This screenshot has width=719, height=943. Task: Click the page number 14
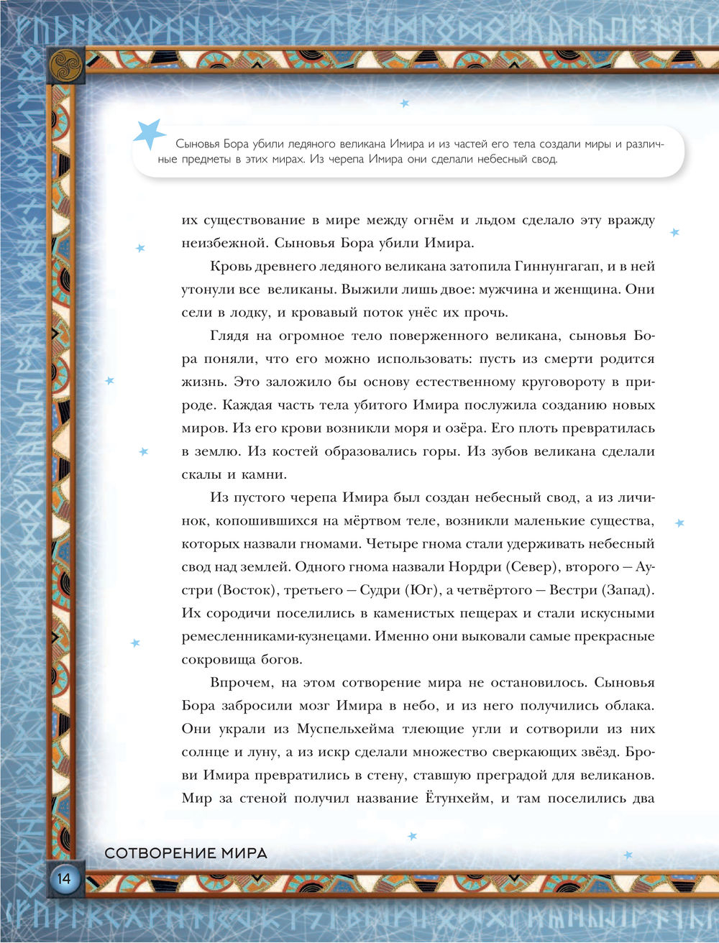(x=63, y=878)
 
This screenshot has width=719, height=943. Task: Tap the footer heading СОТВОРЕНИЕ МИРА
(x=186, y=854)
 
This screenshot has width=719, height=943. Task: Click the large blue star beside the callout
(x=150, y=134)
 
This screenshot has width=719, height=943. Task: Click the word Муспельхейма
(x=345, y=729)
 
